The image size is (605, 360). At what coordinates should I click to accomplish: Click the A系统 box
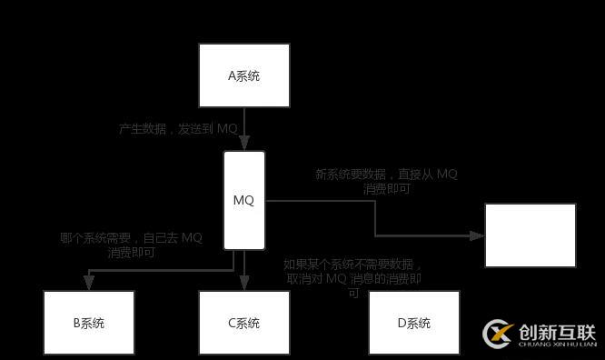[244, 75]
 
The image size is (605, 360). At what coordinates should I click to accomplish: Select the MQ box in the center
[244, 200]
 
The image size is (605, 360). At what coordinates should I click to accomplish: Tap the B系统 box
[89, 323]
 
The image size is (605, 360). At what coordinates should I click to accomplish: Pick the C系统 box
[244, 323]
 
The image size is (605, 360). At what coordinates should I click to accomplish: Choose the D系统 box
[413, 323]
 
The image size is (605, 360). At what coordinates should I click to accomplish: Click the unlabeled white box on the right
[530, 235]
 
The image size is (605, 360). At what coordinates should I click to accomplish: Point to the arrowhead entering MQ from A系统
[244, 145]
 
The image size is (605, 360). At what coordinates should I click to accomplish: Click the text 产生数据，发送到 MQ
[178, 129]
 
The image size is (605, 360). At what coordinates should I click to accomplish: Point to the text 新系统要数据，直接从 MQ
[386, 174]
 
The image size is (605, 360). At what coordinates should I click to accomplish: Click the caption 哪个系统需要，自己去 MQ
[131, 238]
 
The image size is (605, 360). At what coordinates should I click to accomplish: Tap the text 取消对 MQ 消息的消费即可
[353, 279]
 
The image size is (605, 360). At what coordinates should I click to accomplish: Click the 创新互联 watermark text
[556, 331]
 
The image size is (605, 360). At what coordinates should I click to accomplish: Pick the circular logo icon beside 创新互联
[499, 334]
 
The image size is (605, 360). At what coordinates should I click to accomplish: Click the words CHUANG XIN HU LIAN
[556, 345]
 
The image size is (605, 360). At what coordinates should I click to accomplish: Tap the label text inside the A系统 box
[244, 75]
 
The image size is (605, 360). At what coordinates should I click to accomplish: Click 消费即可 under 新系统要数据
[386, 189]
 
